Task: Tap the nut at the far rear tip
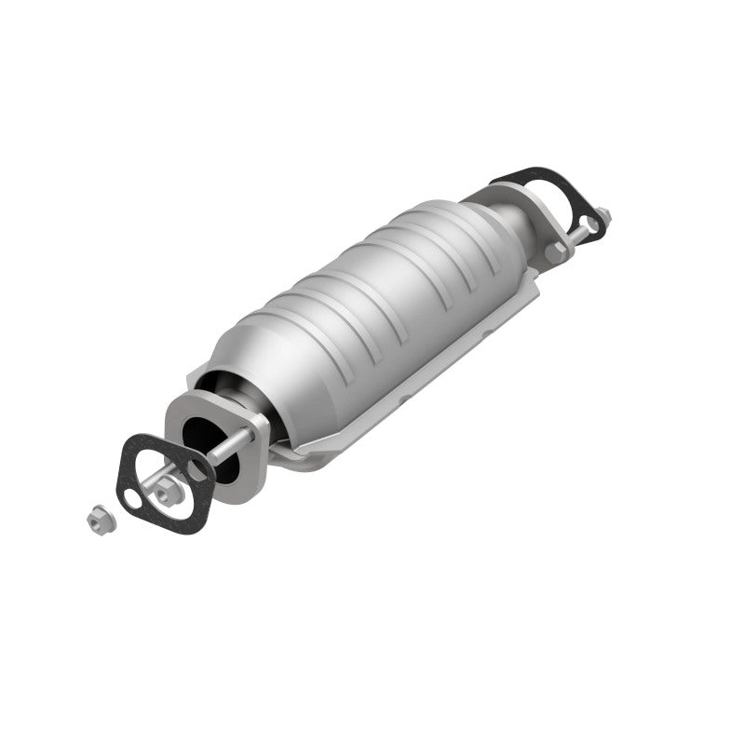click(x=604, y=216)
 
